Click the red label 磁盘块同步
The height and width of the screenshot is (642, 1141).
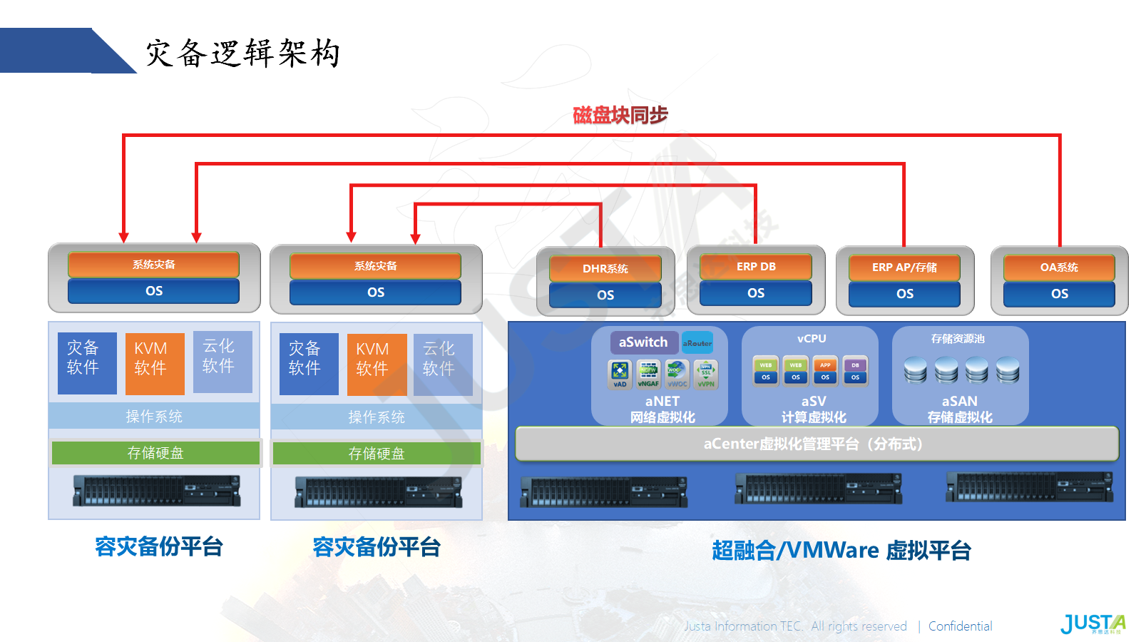(620, 115)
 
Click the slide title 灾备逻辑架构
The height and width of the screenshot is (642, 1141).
(243, 53)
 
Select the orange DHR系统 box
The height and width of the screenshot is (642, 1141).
(605, 269)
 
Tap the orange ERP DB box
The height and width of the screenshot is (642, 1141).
(756, 267)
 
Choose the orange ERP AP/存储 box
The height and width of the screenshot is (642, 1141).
(904, 267)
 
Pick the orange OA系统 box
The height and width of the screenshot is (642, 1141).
(1059, 267)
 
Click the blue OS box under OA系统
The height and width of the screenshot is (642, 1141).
(1059, 294)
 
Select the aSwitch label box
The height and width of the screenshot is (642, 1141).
(643, 342)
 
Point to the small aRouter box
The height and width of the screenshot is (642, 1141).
(697, 343)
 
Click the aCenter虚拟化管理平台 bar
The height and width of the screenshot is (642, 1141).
(817, 444)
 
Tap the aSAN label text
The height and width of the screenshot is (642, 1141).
(959, 401)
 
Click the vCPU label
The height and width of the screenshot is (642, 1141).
(812, 339)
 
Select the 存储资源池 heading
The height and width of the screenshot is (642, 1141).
(958, 339)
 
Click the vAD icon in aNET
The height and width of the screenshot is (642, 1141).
(620, 374)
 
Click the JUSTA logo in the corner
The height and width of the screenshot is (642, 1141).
(1092, 623)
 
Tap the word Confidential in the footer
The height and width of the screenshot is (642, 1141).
(960, 626)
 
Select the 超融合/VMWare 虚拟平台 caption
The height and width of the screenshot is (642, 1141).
(841, 551)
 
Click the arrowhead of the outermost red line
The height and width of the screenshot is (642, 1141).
(124, 237)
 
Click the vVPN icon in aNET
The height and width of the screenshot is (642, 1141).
(706, 374)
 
